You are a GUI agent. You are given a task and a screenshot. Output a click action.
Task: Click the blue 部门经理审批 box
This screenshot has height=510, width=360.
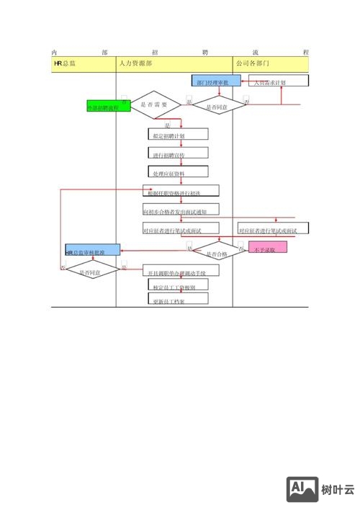pyautogui.click(x=216, y=81)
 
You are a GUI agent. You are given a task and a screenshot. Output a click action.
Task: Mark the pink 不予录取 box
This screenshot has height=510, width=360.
pyautogui.click(x=267, y=248)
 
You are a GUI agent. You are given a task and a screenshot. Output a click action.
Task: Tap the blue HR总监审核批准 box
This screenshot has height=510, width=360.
pyautogui.click(x=92, y=251)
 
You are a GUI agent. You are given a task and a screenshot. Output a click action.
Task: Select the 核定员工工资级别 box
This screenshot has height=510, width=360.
pyautogui.click(x=177, y=285)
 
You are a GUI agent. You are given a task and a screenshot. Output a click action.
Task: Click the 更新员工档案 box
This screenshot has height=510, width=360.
pyautogui.click(x=177, y=299)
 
